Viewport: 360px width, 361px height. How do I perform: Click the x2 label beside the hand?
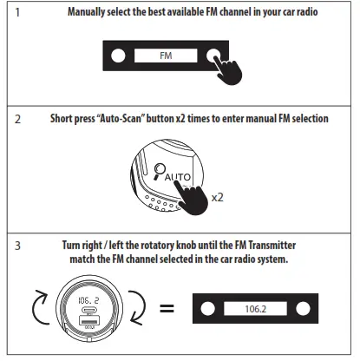[219, 197]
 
